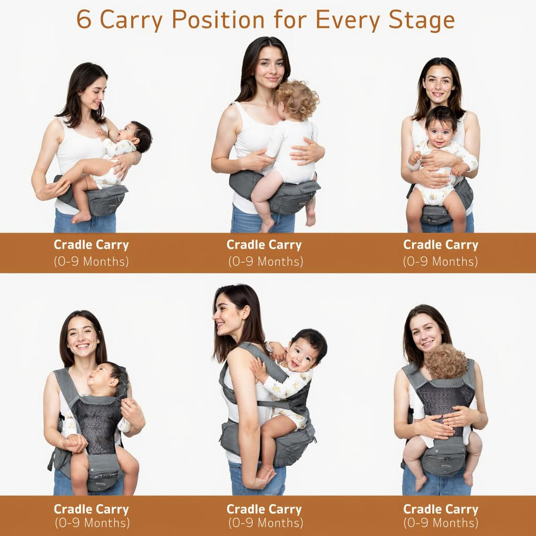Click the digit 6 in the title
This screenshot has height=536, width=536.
point(84,19)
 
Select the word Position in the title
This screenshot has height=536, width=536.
point(218,19)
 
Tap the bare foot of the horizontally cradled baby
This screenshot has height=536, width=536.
point(81,217)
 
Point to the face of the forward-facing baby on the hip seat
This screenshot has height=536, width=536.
point(440,132)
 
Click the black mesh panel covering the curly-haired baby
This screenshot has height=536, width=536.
point(446,408)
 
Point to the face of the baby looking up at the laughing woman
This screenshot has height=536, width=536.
point(100,378)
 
